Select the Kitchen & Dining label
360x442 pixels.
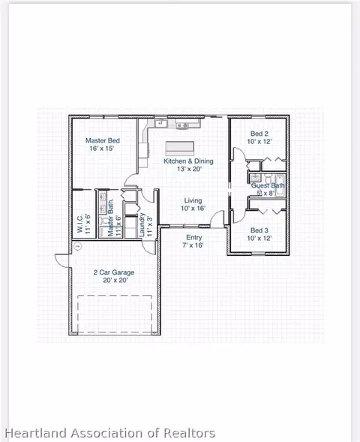pyautogui.click(x=188, y=161)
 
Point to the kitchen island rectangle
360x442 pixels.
pyautogui.click(x=184, y=146)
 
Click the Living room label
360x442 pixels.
pyautogui.click(x=193, y=200)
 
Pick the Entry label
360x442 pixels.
pyautogui.click(x=193, y=237)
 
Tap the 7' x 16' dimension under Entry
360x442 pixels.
pyautogui.click(x=193, y=245)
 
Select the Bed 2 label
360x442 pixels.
pyautogui.click(x=259, y=133)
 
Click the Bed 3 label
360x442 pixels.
pyautogui.click(x=259, y=230)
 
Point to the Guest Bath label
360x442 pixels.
pyautogui.click(x=268, y=185)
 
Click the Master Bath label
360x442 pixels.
pyautogui.click(x=110, y=219)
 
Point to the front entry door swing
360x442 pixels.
pyautogui.click(x=217, y=218)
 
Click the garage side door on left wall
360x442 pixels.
pyautogui.click(x=61, y=260)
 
